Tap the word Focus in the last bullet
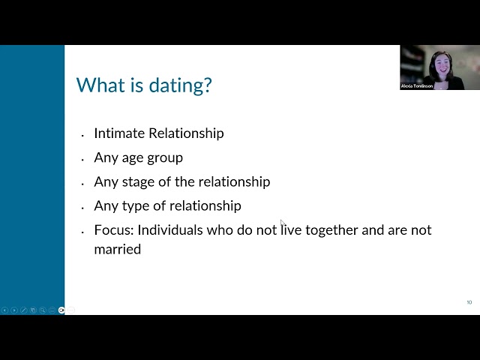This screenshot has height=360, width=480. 112,230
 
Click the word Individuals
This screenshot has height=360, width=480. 174,230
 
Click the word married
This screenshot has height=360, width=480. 117,249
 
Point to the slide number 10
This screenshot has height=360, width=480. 469,302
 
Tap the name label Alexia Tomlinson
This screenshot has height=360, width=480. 417,86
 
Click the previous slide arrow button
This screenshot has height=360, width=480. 4,310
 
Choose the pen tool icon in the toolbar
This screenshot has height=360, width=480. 23,310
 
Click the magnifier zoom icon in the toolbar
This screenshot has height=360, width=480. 43,310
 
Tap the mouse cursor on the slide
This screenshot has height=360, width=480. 282,223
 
